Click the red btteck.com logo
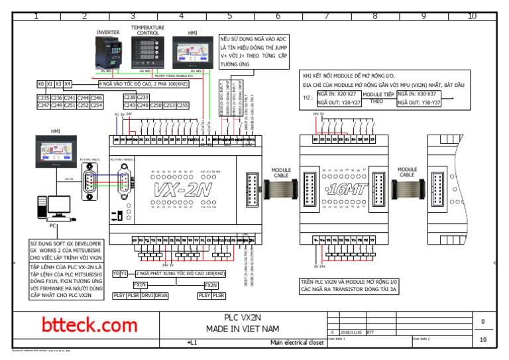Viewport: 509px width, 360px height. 89,325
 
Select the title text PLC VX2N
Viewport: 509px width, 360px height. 243,317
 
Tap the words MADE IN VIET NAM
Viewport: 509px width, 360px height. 243,329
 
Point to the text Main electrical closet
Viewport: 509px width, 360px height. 297,342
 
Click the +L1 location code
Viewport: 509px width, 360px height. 192,342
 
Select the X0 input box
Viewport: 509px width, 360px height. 41,84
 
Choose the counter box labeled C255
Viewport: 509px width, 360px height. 182,105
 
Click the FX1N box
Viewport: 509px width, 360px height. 140,284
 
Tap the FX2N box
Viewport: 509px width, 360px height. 211,284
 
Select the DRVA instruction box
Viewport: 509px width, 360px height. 161,296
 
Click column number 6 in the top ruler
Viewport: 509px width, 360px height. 278,16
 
